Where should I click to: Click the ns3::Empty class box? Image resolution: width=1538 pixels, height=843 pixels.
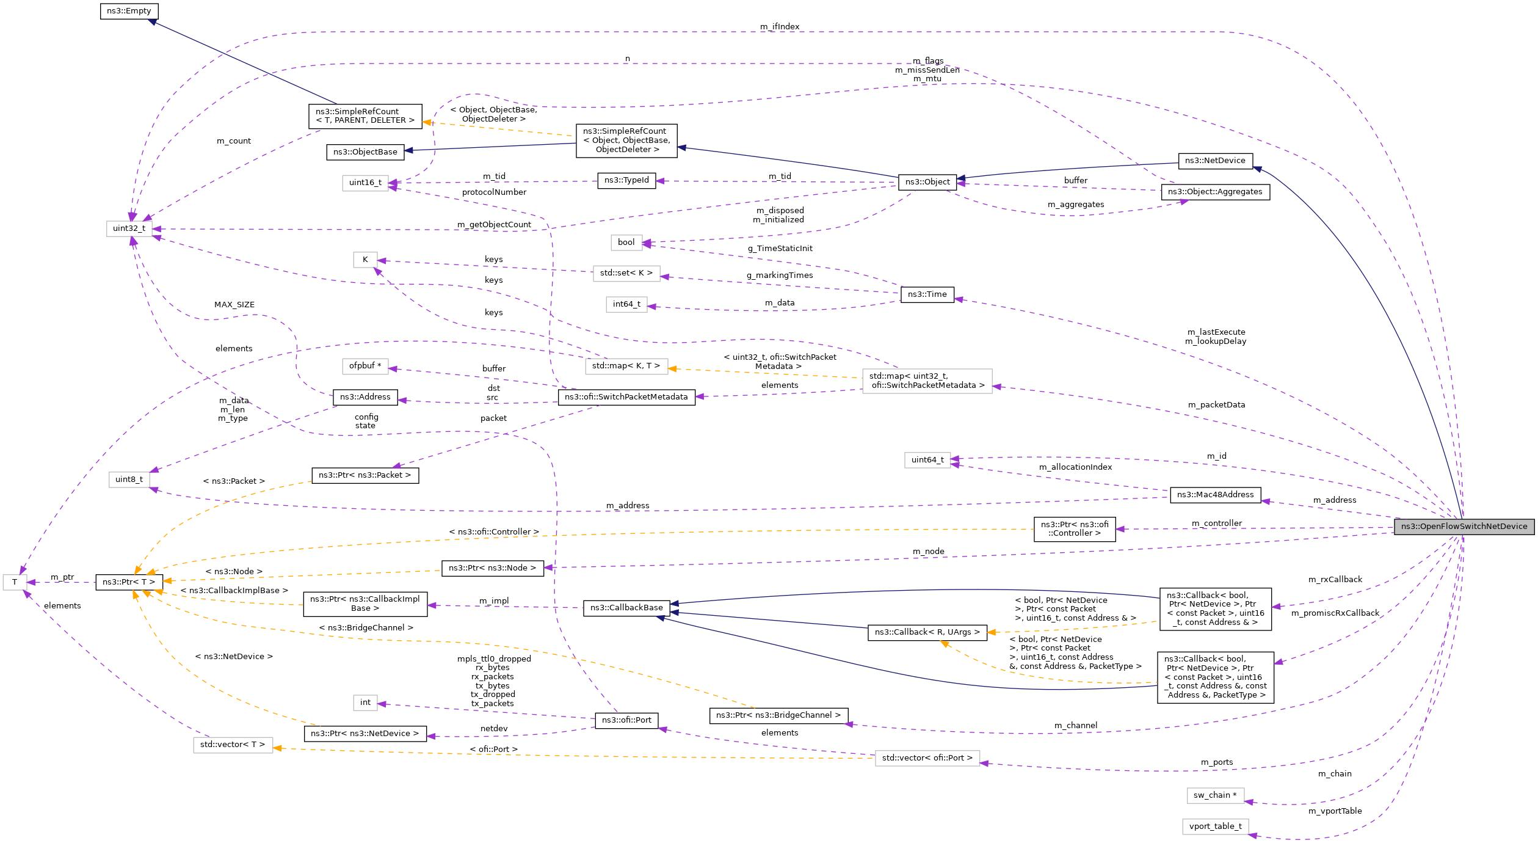(129, 11)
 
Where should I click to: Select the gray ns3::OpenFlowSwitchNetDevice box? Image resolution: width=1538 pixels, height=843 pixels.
(1464, 527)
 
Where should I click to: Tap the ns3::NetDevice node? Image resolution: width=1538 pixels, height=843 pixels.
(1215, 161)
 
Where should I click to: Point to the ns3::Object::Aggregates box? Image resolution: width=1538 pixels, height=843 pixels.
(1215, 192)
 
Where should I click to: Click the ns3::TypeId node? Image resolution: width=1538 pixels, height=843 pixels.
(626, 180)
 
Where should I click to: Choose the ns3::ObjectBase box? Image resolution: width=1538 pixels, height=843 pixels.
(365, 152)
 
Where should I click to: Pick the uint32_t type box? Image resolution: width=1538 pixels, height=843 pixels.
(129, 228)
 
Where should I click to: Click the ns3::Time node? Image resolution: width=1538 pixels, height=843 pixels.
(927, 294)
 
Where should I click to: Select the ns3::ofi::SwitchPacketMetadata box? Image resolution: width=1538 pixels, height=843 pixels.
(626, 397)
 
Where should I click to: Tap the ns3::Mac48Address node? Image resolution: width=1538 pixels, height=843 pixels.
(1215, 495)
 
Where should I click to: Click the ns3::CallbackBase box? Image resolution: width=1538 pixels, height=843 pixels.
(626, 608)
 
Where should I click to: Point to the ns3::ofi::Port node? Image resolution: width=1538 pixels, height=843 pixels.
(626, 720)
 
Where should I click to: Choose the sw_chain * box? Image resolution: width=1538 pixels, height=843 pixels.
(1215, 795)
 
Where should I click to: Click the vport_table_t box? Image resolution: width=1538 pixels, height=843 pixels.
(1215, 827)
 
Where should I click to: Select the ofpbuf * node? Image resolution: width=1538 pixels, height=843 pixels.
(365, 366)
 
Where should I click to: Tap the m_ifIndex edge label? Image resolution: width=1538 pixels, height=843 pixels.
(780, 27)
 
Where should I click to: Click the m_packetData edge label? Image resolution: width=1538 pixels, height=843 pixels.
(1216, 405)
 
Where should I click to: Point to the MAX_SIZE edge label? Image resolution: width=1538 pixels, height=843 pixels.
(234, 305)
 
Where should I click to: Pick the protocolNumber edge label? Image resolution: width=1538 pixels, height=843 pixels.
(494, 192)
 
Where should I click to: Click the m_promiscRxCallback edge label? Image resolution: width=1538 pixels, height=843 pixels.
(1335, 613)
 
